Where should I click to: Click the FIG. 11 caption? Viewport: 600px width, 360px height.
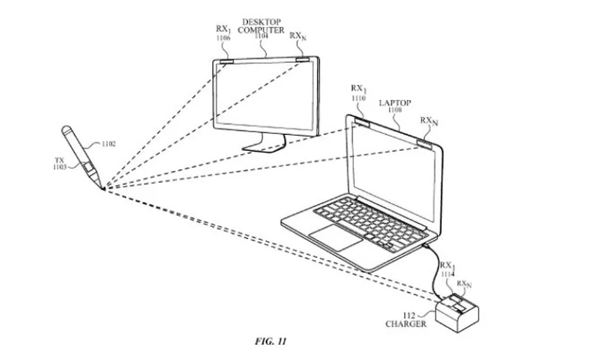(268, 341)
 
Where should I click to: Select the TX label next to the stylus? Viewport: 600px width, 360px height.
(60, 159)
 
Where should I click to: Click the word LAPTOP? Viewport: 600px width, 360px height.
(394, 103)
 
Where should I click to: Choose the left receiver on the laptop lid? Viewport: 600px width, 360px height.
(360, 121)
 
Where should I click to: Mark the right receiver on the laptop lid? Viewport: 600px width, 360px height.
(424, 142)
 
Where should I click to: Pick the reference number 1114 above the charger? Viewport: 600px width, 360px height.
(447, 274)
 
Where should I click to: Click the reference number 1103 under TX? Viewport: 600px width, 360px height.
(60, 167)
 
